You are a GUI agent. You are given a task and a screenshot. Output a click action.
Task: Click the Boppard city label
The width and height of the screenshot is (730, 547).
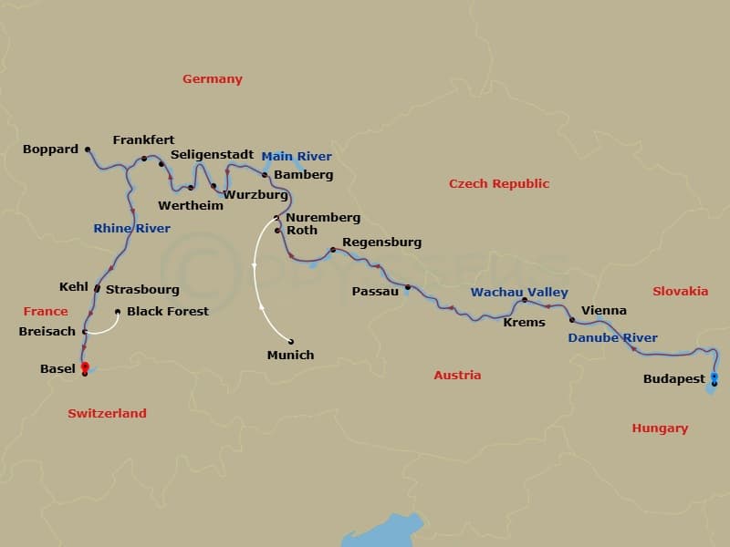(51, 150)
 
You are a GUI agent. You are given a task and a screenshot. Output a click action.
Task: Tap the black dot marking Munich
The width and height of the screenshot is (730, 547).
(291, 342)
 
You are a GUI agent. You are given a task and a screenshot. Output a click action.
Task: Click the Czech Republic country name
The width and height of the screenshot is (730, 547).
(498, 184)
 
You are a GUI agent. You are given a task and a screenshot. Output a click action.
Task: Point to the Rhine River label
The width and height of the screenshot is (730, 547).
(131, 229)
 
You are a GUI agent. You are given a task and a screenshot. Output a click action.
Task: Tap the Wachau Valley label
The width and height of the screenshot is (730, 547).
(519, 293)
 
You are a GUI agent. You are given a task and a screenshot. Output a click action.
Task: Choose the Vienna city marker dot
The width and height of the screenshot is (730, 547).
(572, 320)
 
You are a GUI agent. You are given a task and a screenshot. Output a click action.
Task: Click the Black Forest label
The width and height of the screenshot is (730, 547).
(168, 312)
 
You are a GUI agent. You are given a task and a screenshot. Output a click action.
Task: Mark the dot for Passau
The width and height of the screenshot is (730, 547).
(408, 287)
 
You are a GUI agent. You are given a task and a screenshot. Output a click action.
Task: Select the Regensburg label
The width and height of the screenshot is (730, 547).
(381, 243)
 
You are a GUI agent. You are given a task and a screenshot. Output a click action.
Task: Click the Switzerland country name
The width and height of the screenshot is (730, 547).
(107, 414)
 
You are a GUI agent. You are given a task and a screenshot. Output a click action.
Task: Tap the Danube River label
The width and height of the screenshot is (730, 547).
(612, 338)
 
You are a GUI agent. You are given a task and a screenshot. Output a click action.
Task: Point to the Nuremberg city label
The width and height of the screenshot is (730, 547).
(323, 219)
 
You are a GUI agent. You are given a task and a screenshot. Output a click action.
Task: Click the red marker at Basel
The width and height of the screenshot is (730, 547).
(84, 366)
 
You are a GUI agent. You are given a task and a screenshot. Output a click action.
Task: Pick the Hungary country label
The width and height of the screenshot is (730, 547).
(660, 428)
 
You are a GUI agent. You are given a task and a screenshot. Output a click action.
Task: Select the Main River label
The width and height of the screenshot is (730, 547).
(297, 157)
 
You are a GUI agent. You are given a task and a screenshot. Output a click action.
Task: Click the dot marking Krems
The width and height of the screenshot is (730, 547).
(525, 299)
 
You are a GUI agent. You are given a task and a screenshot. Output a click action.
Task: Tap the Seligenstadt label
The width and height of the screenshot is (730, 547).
(212, 155)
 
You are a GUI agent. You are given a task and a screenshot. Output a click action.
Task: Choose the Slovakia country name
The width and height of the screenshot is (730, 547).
(680, 292)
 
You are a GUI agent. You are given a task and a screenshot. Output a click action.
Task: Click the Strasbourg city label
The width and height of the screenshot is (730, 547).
(142, 290)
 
